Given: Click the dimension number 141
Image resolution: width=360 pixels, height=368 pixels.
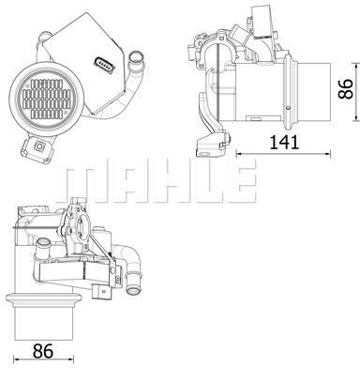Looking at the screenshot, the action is (x=284, y=143).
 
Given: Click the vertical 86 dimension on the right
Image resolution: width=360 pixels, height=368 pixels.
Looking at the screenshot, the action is (x=346, y=89).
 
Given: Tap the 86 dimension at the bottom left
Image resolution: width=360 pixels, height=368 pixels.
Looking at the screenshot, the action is (x=43, y=351).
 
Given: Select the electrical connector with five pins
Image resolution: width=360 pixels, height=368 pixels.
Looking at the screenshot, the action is (x=104, y=63).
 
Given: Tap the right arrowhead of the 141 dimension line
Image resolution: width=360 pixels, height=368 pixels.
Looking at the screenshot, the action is (x=328, y=153).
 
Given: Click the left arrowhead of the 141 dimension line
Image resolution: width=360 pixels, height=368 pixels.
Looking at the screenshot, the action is (x=239, y=153).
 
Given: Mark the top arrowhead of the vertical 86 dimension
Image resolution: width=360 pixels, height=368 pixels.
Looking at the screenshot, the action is (x=356, y=66).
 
